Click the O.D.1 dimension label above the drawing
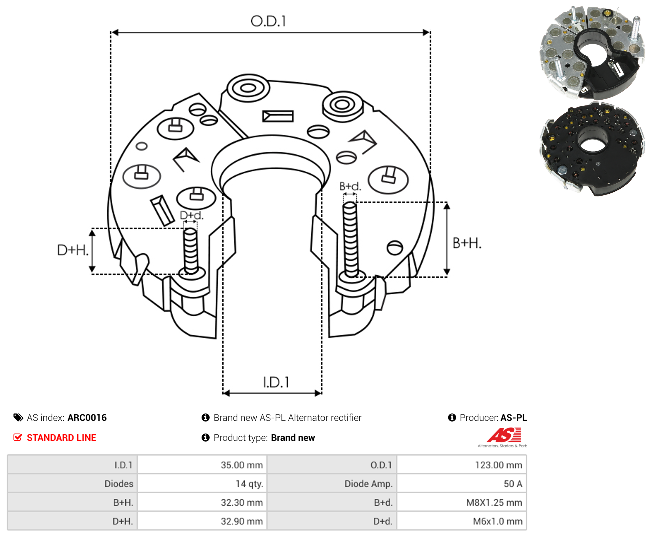(268, 21)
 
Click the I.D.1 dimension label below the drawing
(276, 382)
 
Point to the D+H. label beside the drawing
(73, 250)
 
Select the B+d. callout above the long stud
(350, 186)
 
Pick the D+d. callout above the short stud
(192, 215)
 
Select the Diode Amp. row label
(368, 484)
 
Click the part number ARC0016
(87, 418)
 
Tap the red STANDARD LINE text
(61, 438)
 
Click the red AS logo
(504, 435)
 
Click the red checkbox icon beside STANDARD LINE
(18, 437)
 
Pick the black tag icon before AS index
(18, 418)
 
